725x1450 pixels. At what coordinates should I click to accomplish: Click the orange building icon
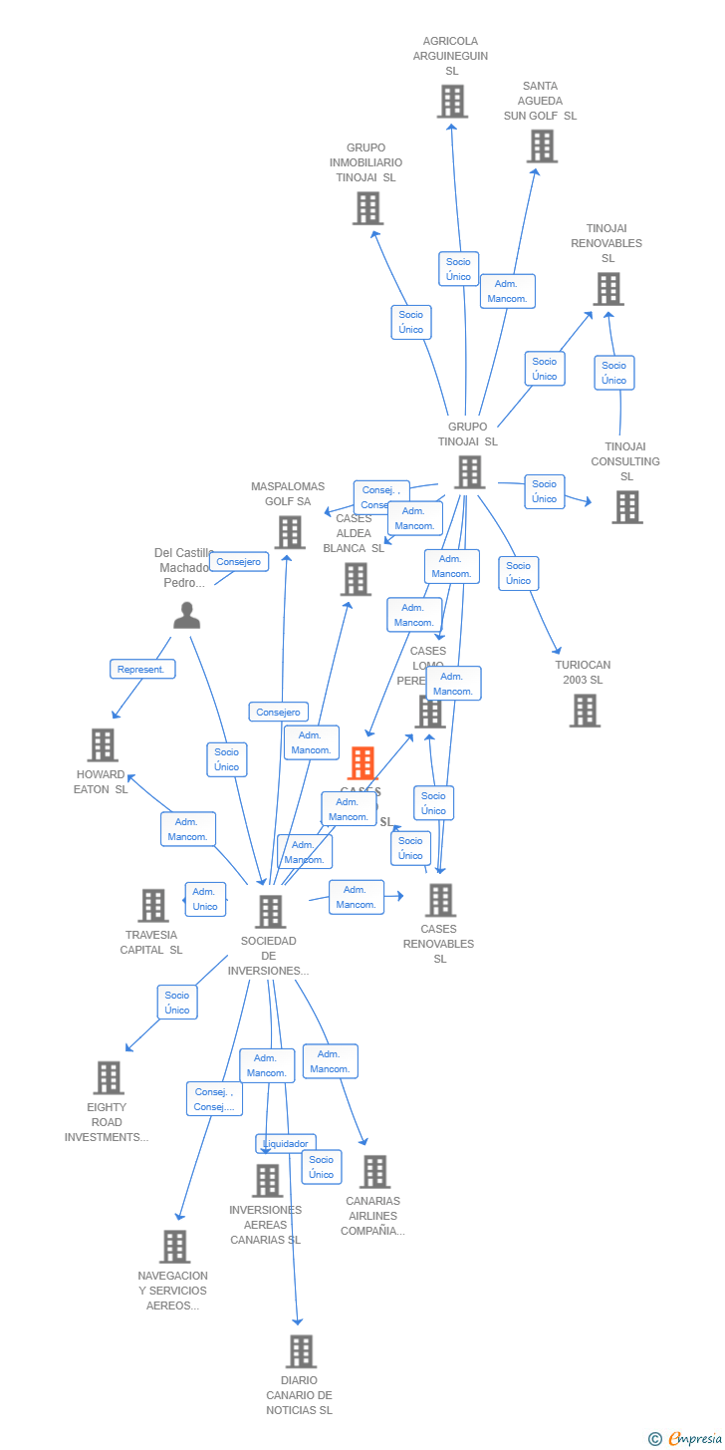[x=362, y=763]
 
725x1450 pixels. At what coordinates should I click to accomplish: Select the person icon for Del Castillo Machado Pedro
[x=186, y=616]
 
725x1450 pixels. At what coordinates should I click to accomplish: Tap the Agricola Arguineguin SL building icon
[x=452, y=101]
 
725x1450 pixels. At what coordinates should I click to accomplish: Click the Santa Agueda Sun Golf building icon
[x=542, y=146]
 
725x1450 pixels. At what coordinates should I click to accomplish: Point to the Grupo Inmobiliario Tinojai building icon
[x=367, y=208]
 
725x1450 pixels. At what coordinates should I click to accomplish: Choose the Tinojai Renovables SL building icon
[x=607, y=289]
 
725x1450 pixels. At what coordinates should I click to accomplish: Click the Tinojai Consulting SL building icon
[x=626, y=507]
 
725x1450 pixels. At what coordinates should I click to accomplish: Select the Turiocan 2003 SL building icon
[x=585, y=711]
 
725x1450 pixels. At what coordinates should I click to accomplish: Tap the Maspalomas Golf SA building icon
[x=290, y=532]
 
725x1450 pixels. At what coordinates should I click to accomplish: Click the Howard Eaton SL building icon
[x=103, y=744]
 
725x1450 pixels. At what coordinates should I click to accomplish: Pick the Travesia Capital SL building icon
[x=152, y=906]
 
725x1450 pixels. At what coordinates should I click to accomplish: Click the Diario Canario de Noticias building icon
[x=301, y=1351]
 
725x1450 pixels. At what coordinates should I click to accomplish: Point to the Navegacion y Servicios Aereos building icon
[x=174, y=1247]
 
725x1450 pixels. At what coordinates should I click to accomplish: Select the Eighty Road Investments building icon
[x=109, y=1077]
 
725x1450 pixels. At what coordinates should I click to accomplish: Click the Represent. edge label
[x=142, y=670]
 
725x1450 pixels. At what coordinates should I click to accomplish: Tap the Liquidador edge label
[x=286, y=1143]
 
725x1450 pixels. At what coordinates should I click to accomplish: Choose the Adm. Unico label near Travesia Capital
[x=205, y=899]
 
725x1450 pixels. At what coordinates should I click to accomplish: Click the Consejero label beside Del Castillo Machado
[x=239, y=562]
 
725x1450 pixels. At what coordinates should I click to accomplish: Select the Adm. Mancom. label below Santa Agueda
[x=507, y=291]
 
